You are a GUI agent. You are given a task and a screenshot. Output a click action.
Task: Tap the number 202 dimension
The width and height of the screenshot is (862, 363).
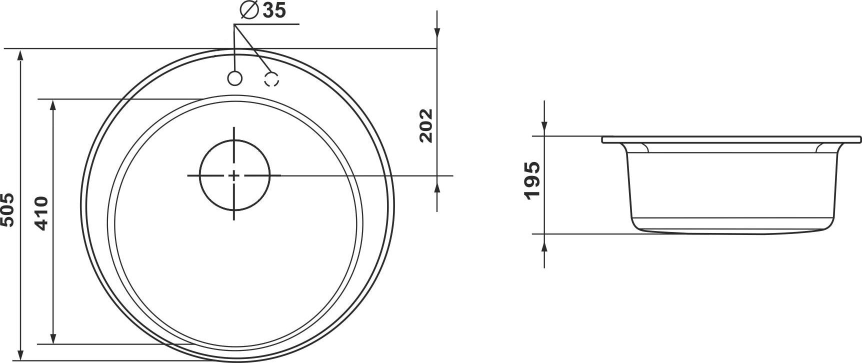coord(425,125)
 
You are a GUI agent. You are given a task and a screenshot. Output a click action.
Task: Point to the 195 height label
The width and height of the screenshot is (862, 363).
coord(532,180)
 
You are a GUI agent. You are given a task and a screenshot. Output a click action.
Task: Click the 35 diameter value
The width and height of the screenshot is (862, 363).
coord(274,10)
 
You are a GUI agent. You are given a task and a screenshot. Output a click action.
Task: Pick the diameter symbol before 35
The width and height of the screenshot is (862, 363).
coord(248,10)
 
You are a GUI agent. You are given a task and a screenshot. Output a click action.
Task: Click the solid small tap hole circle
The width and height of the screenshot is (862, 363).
coord(234,78)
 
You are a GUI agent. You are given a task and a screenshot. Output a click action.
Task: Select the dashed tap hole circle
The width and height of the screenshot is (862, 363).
coord(271,79)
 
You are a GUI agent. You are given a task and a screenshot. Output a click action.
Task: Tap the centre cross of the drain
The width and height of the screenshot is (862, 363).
coord(234,175)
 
